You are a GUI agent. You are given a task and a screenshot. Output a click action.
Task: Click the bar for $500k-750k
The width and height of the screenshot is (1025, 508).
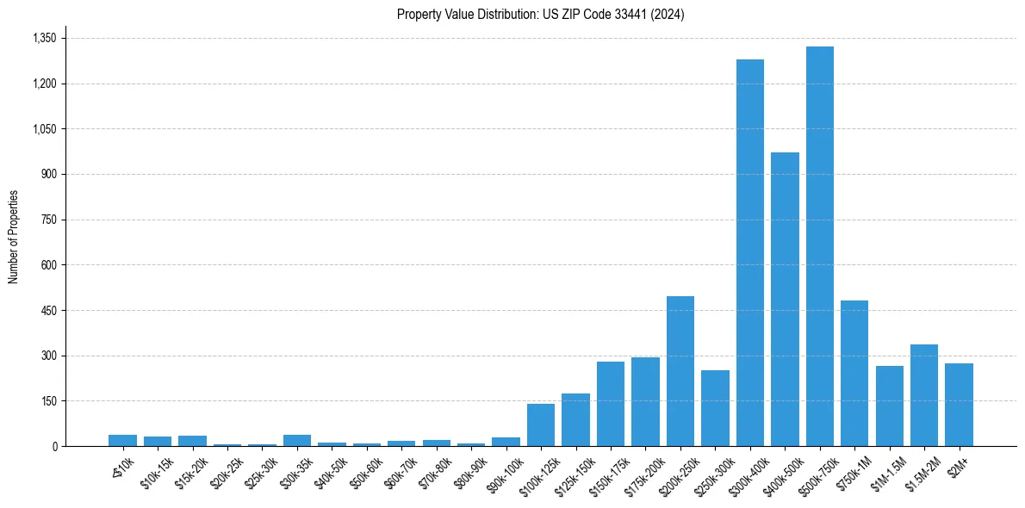819,246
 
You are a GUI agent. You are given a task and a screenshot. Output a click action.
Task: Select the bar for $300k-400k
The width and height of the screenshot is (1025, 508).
749,252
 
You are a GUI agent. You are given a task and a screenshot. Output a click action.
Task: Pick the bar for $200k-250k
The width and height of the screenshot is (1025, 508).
680,371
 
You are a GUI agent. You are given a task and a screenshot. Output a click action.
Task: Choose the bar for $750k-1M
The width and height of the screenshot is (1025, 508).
854,373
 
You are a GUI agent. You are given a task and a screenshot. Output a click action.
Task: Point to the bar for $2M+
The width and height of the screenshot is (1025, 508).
959,405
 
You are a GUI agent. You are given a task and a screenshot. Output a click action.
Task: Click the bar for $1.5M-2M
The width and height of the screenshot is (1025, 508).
924,395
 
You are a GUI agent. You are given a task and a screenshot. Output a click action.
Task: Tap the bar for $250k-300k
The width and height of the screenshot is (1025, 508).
715,408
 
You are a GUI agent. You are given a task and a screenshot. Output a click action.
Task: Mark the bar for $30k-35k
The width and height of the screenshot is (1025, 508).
297,440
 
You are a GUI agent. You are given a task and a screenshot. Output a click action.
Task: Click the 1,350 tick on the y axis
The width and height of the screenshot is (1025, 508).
44,38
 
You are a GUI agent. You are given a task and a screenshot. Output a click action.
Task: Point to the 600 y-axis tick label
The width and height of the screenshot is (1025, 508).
49,265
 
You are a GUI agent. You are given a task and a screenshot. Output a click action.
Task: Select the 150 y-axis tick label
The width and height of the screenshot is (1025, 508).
49,401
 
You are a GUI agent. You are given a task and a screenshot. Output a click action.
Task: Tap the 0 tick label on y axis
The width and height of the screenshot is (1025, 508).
54,446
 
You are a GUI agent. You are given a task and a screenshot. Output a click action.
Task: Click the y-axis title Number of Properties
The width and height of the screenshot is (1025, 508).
14,237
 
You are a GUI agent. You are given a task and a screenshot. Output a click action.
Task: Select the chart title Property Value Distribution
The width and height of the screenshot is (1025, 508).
540,14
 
